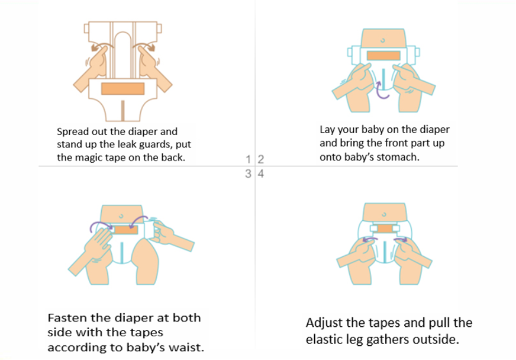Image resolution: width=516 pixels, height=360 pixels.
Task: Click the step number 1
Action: click(248, 159)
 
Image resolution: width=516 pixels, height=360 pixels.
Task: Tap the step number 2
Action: click(260, 159)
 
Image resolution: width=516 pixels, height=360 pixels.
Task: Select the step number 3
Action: click(248, 173)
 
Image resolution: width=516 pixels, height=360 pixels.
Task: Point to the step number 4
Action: click(261, 173)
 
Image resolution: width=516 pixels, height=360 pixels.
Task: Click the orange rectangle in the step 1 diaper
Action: click(122, 89)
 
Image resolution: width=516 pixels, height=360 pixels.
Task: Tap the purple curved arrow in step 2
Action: click(382, 91)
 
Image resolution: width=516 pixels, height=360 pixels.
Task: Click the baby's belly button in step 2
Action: click(382, 40)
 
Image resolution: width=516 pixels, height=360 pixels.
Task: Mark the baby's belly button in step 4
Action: click(383, 214)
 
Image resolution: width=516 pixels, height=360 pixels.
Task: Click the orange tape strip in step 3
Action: click(126, 230)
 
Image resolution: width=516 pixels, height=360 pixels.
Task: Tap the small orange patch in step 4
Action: click(385, 228)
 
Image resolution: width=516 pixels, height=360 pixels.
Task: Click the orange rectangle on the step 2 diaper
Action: click(383, 55)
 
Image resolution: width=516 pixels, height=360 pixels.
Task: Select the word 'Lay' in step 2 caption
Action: click(327, 130)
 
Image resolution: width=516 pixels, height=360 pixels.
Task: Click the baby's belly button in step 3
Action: click(121, 216)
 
